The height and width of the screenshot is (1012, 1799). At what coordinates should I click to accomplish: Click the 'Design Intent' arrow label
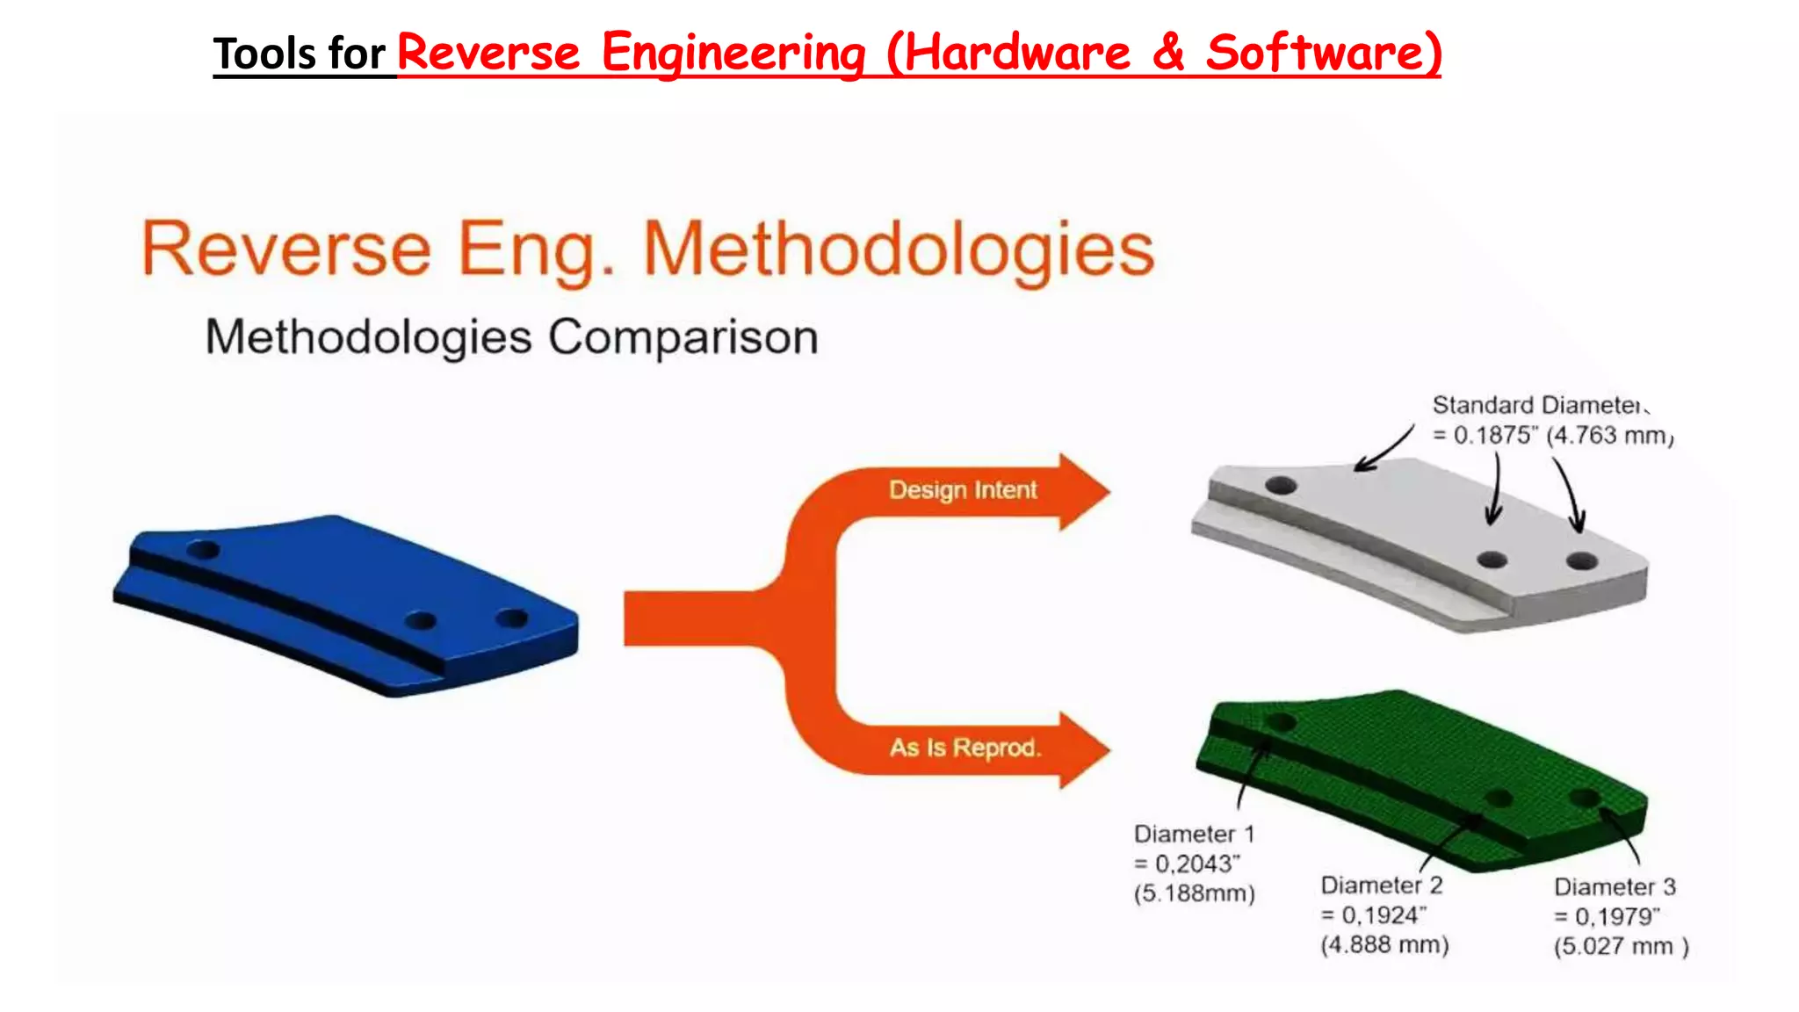point(963,489)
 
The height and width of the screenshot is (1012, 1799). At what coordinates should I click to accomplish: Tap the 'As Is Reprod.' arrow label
point(965,748)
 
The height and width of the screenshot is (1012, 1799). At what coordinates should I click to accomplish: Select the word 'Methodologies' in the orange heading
point(898,249)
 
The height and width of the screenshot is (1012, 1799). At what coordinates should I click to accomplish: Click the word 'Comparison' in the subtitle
point(683,337)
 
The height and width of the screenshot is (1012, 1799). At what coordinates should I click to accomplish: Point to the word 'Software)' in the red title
point(1323,53)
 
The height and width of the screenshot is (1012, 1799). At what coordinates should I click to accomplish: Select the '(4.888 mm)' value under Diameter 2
point(1384,945)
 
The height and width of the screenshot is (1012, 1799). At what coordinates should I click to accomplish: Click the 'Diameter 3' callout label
point(1615,886)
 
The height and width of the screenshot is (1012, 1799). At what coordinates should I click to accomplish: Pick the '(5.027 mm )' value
point(1621,947)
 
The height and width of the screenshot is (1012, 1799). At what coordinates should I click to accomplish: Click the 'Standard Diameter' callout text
point(1535,405)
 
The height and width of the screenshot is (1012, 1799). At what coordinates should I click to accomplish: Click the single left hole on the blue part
point(204,551)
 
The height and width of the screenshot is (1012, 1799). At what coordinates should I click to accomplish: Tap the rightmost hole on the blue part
point(511,618)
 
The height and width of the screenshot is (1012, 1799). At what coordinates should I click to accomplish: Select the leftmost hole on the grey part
point(1281,485)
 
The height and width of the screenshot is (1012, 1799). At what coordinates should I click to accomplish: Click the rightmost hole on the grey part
point(1581,560)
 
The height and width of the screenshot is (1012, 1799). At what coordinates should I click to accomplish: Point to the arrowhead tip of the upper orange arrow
point(1109,491)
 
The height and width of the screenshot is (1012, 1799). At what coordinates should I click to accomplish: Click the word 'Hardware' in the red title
point(1017,53)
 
